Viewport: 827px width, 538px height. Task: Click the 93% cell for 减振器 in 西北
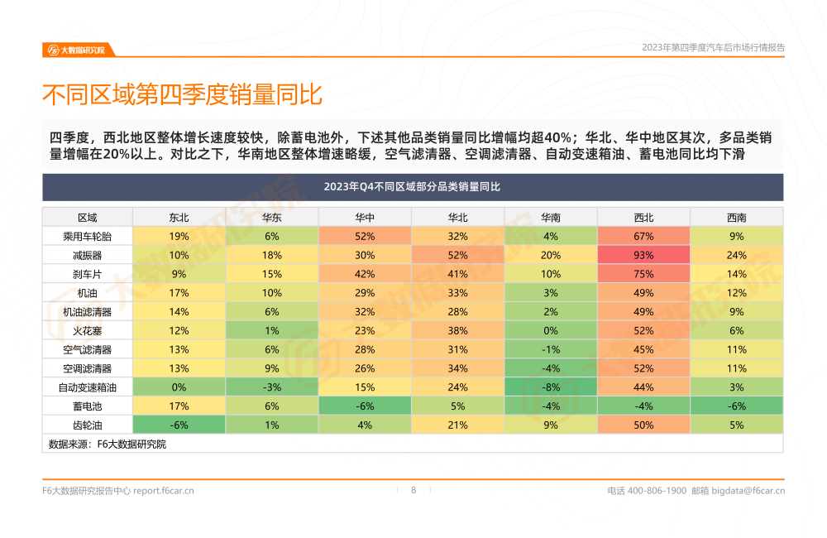[643, 255]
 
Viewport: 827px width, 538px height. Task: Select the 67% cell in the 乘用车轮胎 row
[643, 236]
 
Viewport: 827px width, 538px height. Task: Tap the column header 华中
[365, 218]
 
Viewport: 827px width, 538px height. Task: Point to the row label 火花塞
[87, 330]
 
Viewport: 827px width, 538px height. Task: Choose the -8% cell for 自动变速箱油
[551, 387]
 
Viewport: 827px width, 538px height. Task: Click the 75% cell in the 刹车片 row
[643, 274]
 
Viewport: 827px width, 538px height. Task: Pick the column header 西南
[737, 218]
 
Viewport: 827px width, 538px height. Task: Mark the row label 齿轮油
[87, 425]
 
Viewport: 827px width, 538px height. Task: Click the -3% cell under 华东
[272, 387]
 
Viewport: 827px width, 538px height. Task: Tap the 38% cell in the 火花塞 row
[457, 330]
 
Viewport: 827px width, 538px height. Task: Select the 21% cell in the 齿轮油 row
[457, 425]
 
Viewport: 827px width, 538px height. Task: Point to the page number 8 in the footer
[413, 490]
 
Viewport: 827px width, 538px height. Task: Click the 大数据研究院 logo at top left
[75, 50]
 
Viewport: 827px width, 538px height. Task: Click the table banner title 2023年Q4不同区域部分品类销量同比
[413, 187]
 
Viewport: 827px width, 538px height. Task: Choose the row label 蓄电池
[87, 406]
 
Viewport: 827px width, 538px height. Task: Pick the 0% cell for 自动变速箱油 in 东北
[179, 387]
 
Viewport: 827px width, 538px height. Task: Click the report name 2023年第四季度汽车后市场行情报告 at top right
[713, 48]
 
